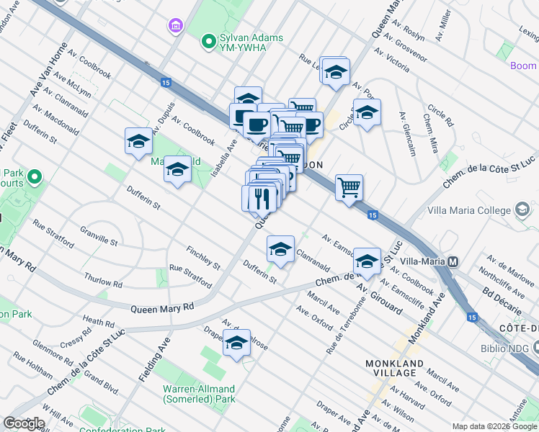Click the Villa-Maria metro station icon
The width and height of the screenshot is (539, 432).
453,262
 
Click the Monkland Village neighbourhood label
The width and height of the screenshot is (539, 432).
401,367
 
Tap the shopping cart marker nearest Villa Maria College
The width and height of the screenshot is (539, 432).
349,189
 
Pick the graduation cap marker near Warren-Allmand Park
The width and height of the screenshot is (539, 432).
236,344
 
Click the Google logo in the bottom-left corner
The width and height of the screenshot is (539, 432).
24,423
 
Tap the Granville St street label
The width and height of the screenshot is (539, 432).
99,235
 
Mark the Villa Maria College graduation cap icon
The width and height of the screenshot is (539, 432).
523,210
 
